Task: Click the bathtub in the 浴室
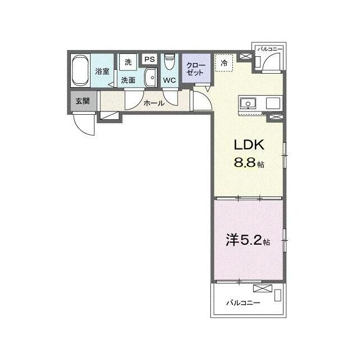tap(80, 70)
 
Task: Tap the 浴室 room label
tap(102, 71)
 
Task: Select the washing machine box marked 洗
tap(128, 62)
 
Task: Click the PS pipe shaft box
tap(150, 59)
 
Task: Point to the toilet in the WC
tap(170, 61)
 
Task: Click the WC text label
tap(169, 80)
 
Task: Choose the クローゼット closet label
tap(196, 69)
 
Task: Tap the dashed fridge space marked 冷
tap(224, 63)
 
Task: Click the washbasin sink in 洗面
tap(151, 78)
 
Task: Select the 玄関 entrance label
tap(83, 101)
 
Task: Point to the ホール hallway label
tap(154, 103)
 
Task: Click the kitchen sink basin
tap(248, 103)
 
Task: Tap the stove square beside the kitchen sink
tap(273, 103)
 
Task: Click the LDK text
tap(249, 145)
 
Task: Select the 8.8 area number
tap(245, 163)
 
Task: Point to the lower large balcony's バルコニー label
tap(244, 303)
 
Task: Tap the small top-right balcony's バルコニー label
tap(270, 49)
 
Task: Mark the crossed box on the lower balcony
tap(263, 289)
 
